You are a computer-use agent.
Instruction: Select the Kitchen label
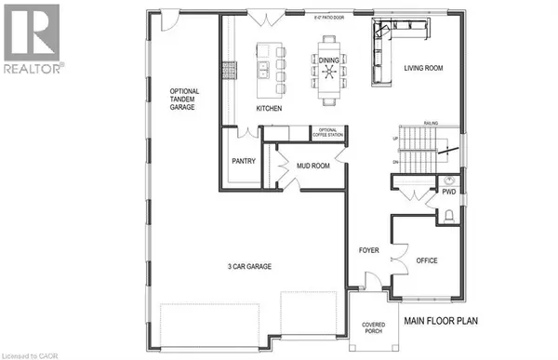pos(269,109)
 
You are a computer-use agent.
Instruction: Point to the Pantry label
pos(243,161)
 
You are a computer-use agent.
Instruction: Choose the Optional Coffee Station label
pos(328,132)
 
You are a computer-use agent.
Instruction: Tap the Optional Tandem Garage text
pos(183,100)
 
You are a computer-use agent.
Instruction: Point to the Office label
pos(426,260)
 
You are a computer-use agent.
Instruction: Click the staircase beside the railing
pos(413,149)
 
